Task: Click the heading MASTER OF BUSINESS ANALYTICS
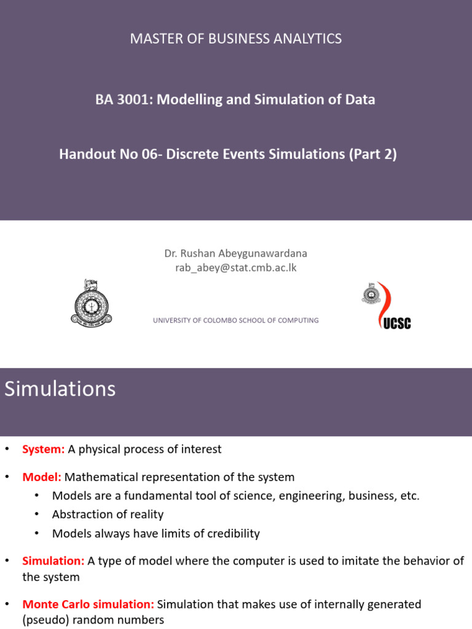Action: pyautogui.click(x=235, y=39)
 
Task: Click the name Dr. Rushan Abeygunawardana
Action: pyautogui.click(x=235, y=253)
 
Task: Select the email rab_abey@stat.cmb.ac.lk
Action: pyautogui.click(x=235, y=267)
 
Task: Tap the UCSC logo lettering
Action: pyautogui.click(x=396, y=322)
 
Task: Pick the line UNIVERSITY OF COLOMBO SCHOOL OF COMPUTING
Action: pyautogui.click(x=235, y=320)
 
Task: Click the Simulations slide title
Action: pyautogui.click(x=60, y=389)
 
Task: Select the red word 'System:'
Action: pyautogui.click(x=44, y=449)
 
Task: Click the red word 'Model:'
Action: pyautogui.click(x=42, y=477)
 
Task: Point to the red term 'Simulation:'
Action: pyautogui.click(x=53, y=561)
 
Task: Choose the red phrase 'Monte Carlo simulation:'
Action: pyautogui.click(x=88, y=604)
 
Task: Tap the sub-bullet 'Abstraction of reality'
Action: pyautogui.click(x=108, y=515)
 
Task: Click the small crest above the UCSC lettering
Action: pyautogui.click(x=370, y=294)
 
